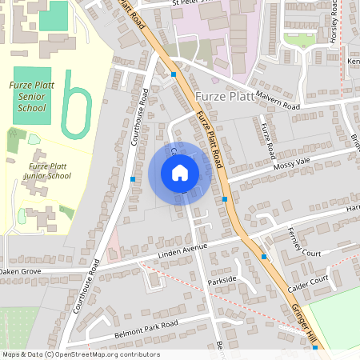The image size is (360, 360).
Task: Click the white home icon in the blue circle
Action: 180,173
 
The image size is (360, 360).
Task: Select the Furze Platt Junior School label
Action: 38,170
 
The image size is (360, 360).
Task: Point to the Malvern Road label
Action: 278,106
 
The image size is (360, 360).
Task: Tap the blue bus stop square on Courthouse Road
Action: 133,179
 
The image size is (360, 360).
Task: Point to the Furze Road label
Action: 268,137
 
